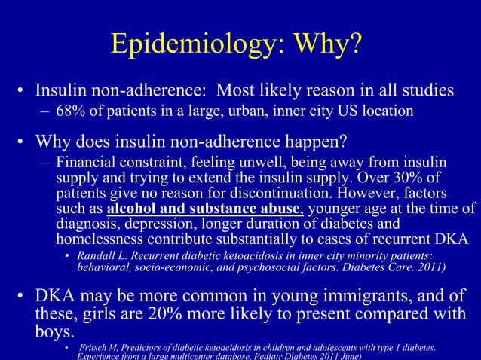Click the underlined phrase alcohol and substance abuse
coord(206,209)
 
